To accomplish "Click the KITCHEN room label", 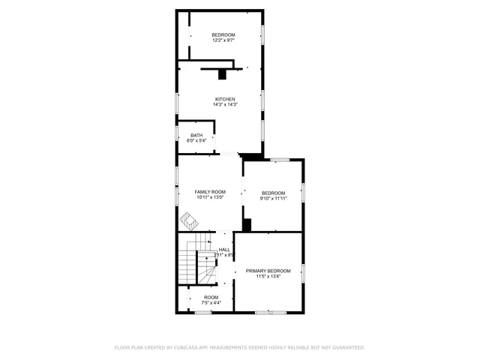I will [225, 99].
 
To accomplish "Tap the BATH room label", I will [196, 135].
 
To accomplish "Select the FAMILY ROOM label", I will [210, 192].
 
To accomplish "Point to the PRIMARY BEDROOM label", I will [268, 270].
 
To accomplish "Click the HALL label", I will [224, 250].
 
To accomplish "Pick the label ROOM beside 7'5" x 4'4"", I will [211, 298].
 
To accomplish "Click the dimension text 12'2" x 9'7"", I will [223, 40].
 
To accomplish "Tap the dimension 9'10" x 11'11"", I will [273, 199].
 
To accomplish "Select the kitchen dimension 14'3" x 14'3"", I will [225, 104].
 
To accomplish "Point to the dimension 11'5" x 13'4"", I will [268, 276].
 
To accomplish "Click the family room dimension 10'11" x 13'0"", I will [210, 198].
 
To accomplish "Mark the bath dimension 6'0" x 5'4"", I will [196, 141].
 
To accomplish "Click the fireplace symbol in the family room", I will [187, 220].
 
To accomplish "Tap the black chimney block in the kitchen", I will [222, 73].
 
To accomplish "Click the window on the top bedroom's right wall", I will [262, 35].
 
